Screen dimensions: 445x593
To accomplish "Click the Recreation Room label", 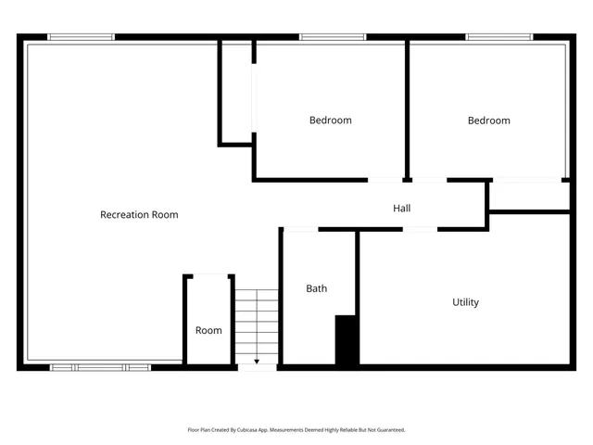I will click(x=139, y=215).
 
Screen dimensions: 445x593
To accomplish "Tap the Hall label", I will click(x=401, y=209).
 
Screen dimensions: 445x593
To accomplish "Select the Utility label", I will click(x=465, y=302).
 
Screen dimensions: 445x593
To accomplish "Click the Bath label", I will click(x=316, y=288).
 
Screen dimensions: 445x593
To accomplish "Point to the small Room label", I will click(x=208, y=330).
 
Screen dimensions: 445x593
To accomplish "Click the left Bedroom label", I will click(x=330, y=121).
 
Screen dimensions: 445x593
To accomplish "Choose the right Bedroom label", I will click(x=488, y=121).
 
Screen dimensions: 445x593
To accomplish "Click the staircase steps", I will click(x=257, y=320).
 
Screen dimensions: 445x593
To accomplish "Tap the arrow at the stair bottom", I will click(x=257, y=360).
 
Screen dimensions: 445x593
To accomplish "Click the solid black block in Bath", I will click(x=347, y=339).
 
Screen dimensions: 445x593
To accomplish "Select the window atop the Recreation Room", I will click(x=81, y=37).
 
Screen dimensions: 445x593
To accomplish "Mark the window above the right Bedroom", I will click(x=499, y=37).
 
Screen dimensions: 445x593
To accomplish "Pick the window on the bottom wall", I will click(x=100, y=367).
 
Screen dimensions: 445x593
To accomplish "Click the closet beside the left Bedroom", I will click(x=236, y=93).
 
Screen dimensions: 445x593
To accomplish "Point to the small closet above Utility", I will click(x=528, y=196).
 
